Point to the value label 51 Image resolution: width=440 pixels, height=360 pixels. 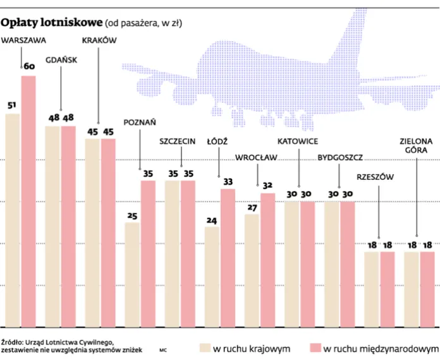11,105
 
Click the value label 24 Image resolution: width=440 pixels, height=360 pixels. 212,220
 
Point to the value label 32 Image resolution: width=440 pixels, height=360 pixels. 267,186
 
